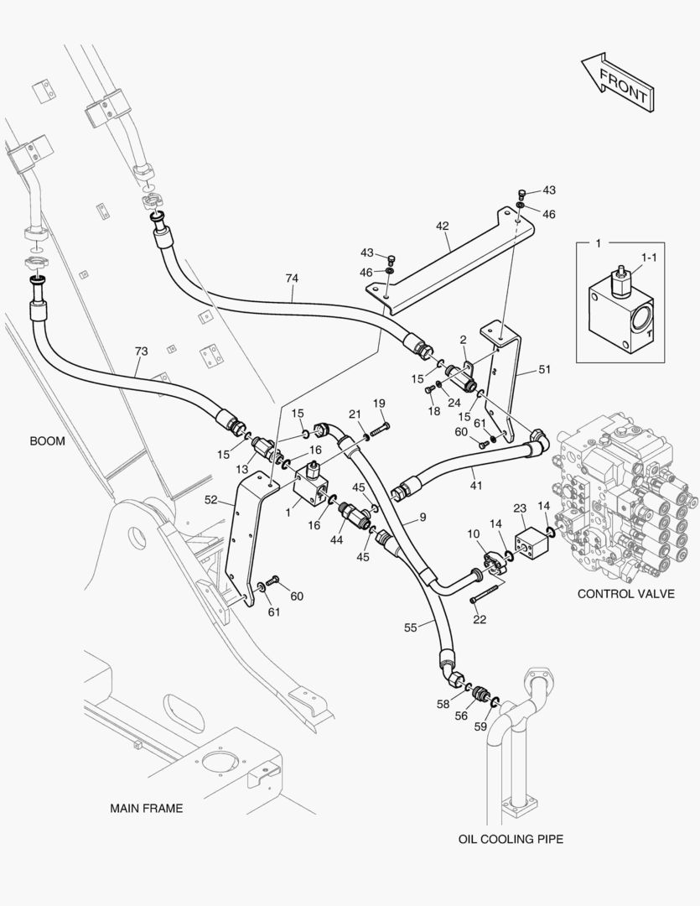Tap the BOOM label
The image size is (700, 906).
coord(47,440)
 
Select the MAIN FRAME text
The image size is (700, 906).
coord(146,809)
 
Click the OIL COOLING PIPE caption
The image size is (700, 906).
coord(511,838)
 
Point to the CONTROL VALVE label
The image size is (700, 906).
coord(625,594)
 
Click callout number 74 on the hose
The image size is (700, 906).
coord(292,278)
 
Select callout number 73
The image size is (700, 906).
coord(141,351)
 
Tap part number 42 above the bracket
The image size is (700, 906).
coord(442,226)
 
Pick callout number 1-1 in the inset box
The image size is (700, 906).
coord(649,260)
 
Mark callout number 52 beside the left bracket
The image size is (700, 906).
coord(211,500)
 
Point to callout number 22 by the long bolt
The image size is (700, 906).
coord(480,619)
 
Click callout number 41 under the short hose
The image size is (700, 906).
coord(476,485)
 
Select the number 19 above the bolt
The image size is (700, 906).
coord(379,404)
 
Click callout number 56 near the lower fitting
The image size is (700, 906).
coord(461,716)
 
